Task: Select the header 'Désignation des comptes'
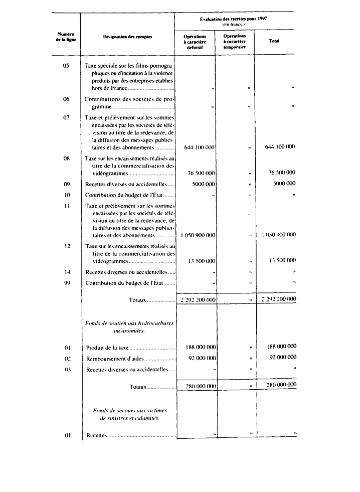click(x=127, y=37)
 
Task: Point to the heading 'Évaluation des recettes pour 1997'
click(x=234, y=18)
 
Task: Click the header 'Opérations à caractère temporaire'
click(x=235, y=41)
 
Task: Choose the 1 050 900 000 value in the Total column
click(x=278, y=235)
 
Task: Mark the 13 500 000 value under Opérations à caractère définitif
click(x=202, y=261)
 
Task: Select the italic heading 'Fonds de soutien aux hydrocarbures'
click(x=129, y=323)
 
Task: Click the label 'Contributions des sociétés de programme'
click(x=129, y=103)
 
